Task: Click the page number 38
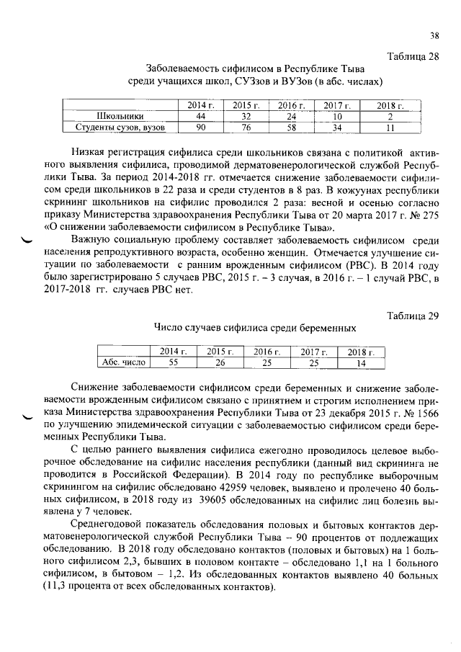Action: point(434,35)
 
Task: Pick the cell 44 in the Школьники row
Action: point(201,117)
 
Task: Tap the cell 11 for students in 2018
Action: point(390,128)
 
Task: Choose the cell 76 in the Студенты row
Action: point(246,128)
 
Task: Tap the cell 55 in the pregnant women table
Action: point(173,362)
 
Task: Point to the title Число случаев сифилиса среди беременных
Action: point(255,328)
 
